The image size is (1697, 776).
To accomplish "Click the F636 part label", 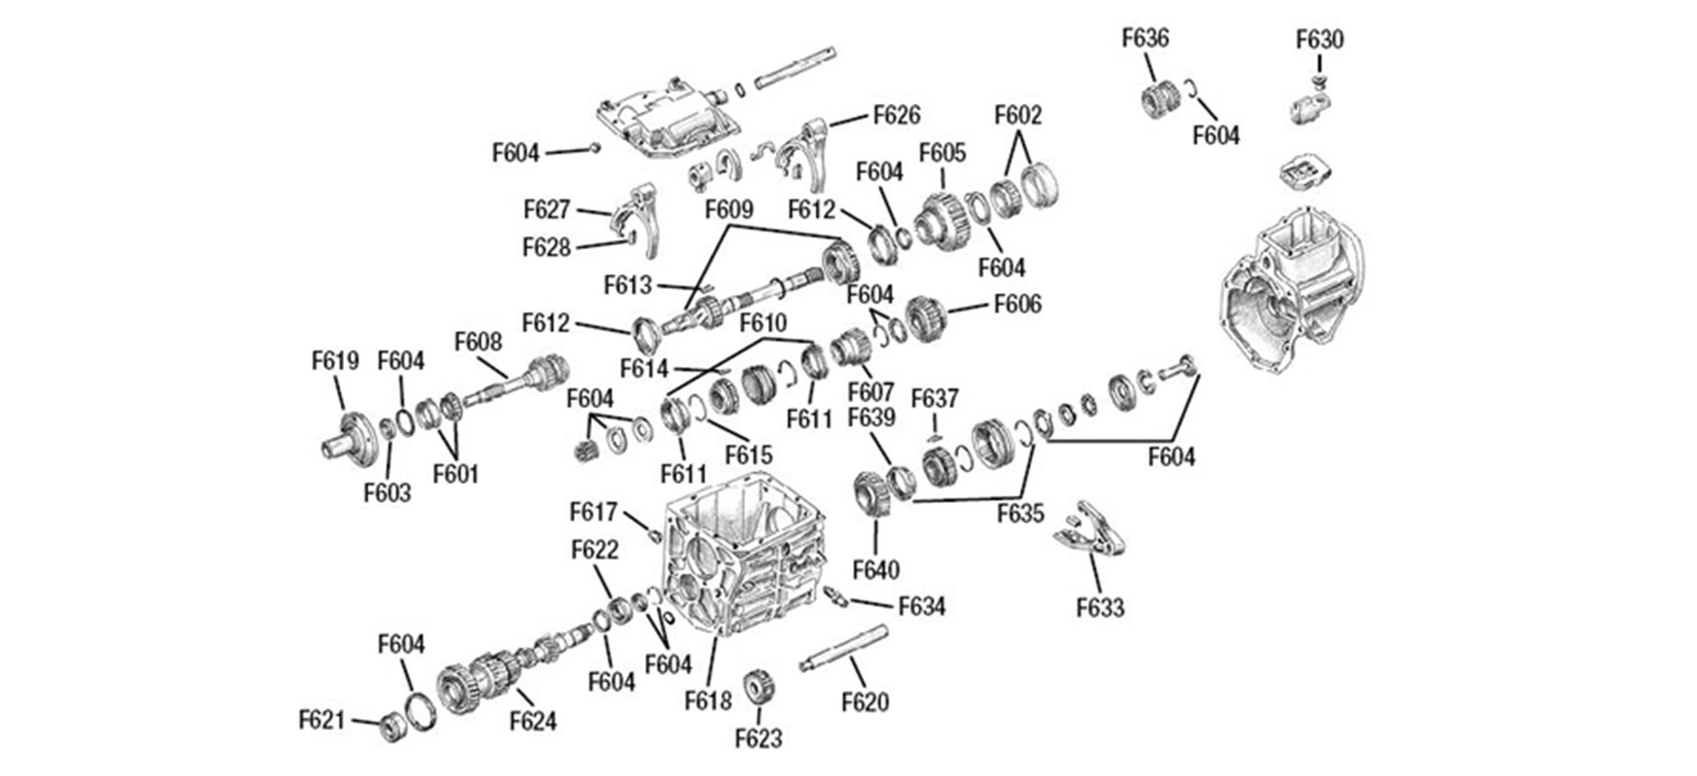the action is tap(1145, 38).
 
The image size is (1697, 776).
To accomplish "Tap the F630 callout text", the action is tap(1320, 40).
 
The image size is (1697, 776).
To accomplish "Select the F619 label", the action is tap(336, 361).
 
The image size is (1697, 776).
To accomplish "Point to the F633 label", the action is tap(1100, 608).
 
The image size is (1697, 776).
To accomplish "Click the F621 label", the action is tap(322, 720).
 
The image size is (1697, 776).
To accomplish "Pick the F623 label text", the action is tap(759, 738).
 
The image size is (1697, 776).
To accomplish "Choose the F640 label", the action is tap(876, 569).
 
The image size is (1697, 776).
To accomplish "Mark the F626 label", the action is tap(897, 116).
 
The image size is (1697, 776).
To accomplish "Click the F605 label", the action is tap(943, 153).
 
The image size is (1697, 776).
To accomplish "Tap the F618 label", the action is tap(708, 701).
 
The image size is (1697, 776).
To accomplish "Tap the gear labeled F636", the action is tap(1161, 100).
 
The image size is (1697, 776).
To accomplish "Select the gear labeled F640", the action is tap(870, 497).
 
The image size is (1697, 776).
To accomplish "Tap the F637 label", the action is tap(935, 399).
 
